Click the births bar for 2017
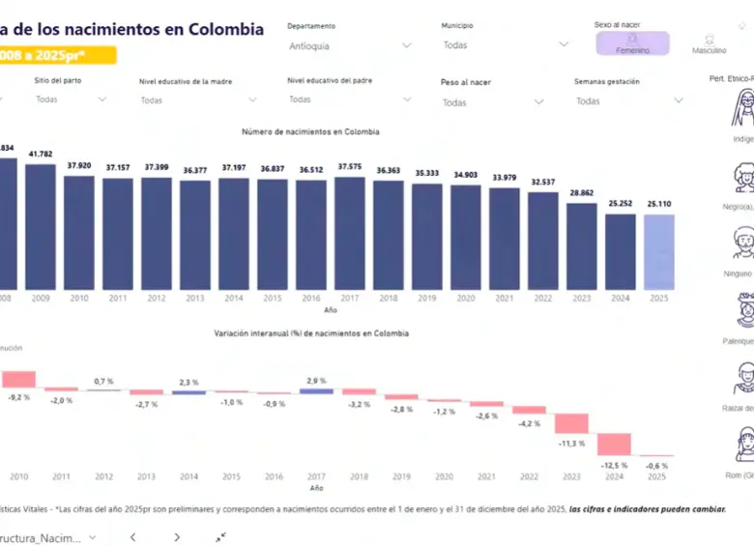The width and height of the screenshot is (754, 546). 349,232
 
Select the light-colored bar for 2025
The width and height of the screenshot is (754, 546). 658,251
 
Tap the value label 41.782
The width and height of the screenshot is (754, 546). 41,154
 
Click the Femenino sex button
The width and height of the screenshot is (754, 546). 632,43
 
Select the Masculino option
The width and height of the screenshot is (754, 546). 710,43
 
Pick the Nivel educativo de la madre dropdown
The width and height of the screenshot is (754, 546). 198,100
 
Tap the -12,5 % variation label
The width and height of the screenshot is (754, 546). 615,465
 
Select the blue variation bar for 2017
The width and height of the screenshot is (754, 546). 316,390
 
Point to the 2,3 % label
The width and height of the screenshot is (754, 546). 188,383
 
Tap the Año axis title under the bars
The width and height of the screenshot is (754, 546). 330,310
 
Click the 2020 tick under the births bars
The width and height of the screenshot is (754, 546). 465,299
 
